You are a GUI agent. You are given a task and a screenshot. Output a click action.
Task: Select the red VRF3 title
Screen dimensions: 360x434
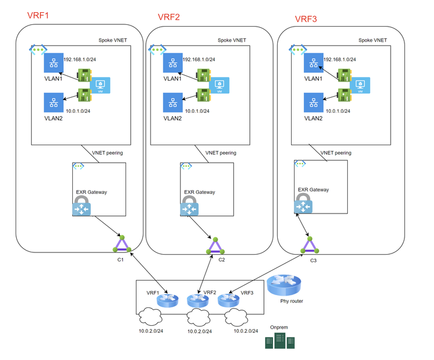pos(306,19)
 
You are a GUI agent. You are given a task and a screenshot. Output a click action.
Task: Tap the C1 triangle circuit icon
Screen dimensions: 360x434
pos(122,244)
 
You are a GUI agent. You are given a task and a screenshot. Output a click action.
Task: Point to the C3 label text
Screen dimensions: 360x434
pos(313,260)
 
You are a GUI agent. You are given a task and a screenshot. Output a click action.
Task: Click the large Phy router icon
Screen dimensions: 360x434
pos(284,285)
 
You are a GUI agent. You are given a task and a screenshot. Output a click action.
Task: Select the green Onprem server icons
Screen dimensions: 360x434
pos(280,340)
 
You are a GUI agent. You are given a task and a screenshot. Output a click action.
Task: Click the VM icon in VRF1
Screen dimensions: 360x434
pos(102,85)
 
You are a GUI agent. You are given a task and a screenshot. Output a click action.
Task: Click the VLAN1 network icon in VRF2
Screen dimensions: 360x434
pos(172,64)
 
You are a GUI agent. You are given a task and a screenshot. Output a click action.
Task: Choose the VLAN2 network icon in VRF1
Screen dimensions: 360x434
pos(53,102)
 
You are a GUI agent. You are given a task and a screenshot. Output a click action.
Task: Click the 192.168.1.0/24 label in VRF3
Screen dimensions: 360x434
pos(340,59)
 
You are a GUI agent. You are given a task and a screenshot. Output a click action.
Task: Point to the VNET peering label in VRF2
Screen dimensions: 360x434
pos(220,153)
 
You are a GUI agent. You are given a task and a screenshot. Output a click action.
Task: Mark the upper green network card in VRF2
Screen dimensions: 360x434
pos(204,75)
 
